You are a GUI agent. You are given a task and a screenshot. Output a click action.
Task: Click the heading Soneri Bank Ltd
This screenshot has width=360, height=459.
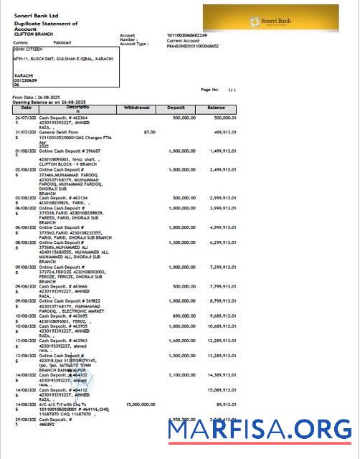(x=37, y=15)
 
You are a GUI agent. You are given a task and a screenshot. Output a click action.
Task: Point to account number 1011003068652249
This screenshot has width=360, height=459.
(x=186, y=35)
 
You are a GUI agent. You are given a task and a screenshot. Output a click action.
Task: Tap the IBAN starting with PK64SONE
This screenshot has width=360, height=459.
(x=192, y=46)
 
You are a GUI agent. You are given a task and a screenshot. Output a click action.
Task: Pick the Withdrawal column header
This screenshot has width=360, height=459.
(x=137, y=107)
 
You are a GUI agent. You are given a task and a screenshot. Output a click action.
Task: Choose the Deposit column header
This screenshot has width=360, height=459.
(x=176, y=107)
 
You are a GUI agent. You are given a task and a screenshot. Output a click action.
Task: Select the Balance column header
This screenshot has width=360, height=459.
(x=216, y=107)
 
